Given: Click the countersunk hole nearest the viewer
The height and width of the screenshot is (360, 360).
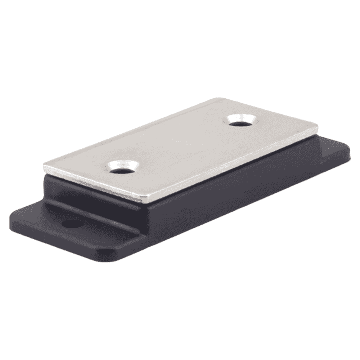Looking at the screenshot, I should tap(123, 167).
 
